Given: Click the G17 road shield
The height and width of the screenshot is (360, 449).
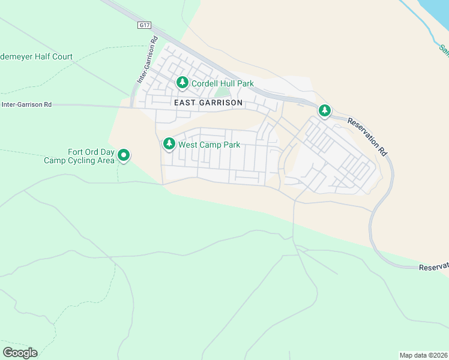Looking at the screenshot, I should (x=143, y=25).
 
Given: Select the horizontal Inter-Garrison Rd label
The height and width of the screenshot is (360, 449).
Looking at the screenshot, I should (x=26, y=104).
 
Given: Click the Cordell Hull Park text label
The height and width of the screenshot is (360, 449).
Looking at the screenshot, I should (x=223, y=84).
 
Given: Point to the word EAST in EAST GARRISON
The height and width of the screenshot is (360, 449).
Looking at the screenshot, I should (x=185, y=103).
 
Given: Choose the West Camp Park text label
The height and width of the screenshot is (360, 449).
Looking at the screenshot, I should (x=209, y=145).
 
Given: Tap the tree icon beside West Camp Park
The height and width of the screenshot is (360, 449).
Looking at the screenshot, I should (x=169, y=144).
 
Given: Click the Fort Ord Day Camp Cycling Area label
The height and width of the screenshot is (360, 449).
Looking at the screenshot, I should (x=79, y=157).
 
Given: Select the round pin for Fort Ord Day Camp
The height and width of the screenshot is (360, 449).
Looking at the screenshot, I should (x=124, y=155).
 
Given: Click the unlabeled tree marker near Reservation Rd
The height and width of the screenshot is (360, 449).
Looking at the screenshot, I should (x=325, y=110).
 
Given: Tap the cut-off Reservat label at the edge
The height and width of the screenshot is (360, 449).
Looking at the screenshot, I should (x=433, y=266).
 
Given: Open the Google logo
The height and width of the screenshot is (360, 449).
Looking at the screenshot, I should (x=20, y=352).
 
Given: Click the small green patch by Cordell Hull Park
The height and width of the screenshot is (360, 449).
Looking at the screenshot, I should (x=222, y=92).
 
